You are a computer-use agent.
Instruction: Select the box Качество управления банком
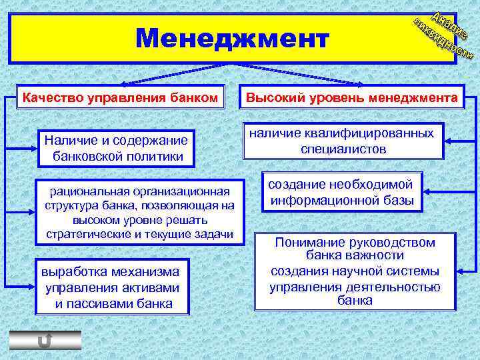[120, 99]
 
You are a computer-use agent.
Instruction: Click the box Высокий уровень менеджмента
[352, 99]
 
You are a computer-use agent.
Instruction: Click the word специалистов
[343, 149]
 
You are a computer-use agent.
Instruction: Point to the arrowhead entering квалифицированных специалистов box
[448, 141]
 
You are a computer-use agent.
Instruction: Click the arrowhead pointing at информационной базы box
[427, 192]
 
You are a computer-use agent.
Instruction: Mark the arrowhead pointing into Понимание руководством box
[461, 270]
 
